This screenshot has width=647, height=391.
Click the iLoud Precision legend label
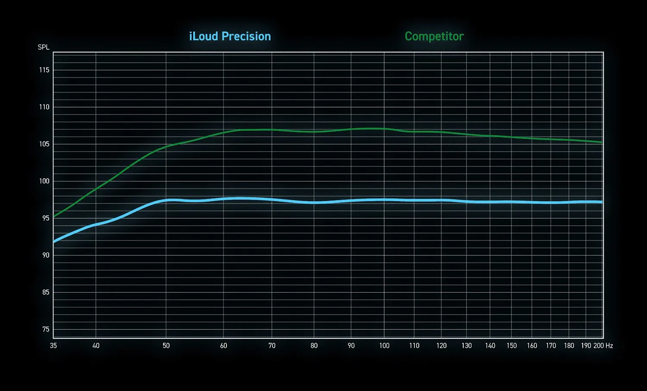point(230,36)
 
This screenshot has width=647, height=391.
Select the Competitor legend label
point(434,36)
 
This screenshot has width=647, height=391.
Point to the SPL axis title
point(44,47)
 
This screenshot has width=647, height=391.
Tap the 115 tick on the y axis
point(44,70)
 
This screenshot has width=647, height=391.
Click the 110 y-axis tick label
point(44,107)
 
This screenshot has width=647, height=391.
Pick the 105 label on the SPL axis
point(44,144)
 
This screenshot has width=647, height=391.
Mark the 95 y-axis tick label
point(45,218)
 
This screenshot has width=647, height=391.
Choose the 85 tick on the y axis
point(45,292)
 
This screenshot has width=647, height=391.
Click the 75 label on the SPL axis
point(46,329)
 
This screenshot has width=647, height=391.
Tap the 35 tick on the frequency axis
point(53,346)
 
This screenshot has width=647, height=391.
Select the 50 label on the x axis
point(166,346)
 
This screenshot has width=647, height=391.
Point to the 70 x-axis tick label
point(272,346)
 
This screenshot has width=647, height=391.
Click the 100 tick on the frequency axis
point(384,346)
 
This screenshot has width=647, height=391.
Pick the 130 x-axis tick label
point(467,346)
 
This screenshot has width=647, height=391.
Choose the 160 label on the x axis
point(532,346)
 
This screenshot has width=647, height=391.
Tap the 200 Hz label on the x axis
point(603,346)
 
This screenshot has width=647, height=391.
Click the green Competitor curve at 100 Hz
point(384,129)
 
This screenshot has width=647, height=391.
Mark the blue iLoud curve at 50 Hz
point(166,200)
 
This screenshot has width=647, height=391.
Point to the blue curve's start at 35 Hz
point(54,242)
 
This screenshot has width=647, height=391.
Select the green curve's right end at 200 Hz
point(602,142)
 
